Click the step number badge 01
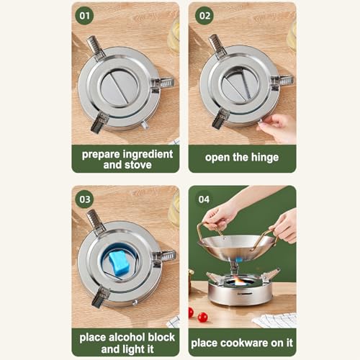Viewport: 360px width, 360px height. click(x=84, y=14)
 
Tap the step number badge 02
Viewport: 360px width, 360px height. click(x=204, y=14)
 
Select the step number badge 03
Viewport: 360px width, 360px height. click(x=84, y=198)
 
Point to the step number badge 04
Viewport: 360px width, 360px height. click(x=204, y=198)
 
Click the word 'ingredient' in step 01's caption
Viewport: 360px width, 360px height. click(x=148, y=153)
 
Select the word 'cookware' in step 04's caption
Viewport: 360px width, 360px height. click(x=248, y=342)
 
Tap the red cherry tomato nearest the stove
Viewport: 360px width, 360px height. click(x=203, y=317)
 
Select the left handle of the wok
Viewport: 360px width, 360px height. click(x=204, y=234)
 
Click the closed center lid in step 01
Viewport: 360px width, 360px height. click(x=119, y=89)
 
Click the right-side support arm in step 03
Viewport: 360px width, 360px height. click(x=165, y=256)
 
